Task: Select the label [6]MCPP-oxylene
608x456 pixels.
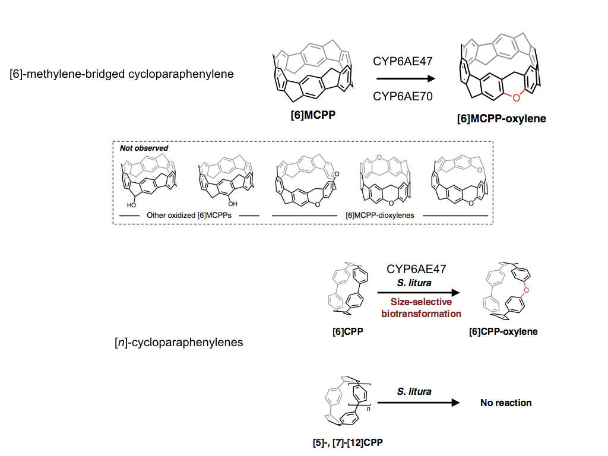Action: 501,119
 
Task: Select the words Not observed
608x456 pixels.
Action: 144,148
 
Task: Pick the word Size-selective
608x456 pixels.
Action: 421,302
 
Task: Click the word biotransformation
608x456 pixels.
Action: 421,313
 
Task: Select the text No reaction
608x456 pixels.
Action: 506,403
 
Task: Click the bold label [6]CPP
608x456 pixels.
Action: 348,332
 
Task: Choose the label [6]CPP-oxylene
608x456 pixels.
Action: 503,332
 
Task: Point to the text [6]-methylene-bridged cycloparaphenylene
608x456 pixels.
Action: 122,74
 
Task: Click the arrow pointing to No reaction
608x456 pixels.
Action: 419,403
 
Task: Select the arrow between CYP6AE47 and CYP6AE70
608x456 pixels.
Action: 404,79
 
